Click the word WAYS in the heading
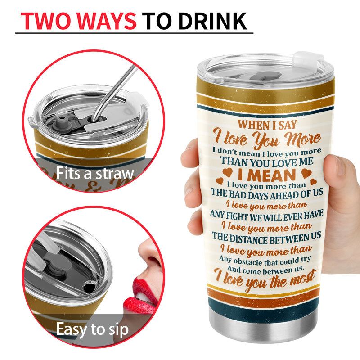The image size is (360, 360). (x=107, y=21)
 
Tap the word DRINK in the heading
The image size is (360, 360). (x=212, y=21)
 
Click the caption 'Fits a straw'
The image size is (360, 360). (x=95, y=173)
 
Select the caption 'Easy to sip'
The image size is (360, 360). (x=92, y=329)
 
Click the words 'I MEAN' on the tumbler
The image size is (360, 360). (x=267, y=175)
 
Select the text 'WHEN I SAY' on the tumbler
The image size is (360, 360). (x=267, y=125)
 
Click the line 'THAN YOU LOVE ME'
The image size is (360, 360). (x=267, y=162)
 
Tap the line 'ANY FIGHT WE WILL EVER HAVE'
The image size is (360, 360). (x=266, y=216)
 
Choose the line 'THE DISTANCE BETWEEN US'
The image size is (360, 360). (x=266, y=238)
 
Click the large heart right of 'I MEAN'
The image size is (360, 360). (x=306, y=173)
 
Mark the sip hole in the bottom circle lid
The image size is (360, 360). (x=90, y=286)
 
